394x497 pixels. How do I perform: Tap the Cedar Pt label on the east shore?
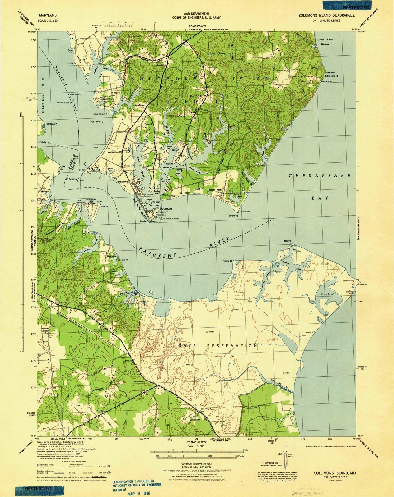pyautogui.click(x=362, y=285)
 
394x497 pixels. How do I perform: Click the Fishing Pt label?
pyautogui.click(x=227, y=261)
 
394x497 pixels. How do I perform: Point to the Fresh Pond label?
pyautogui.click(x=327, y=294)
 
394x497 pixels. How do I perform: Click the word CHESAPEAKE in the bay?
pyautogui.click(x=320, y=176)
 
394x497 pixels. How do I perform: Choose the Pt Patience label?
pyautogui.click(x=71, y=179)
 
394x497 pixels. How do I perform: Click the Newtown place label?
pyautogui.click(x=139, y=105)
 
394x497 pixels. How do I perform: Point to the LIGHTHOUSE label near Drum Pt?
pyautogui.click(x=245, y=212)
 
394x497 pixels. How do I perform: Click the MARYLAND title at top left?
pyautogui.click(x=48, y=15)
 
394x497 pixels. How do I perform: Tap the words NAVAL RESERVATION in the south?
pyautogui.click(x=218, y=345)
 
